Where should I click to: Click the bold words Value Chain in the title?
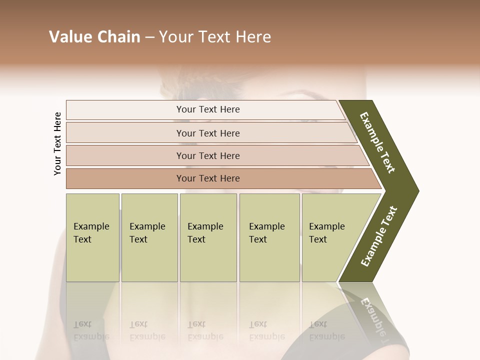tap(94, 37)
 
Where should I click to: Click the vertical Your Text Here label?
tap(57, 143)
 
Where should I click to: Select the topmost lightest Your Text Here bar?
tap(207, 109)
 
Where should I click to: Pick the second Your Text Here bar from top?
tap(207, 133)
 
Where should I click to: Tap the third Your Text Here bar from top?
tap(207, 155)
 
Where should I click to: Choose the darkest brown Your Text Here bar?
tap(207, 178)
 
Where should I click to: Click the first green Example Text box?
tap(92, 237)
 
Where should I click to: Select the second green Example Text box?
tap(149, 237)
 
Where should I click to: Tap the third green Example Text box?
tap(208, 237)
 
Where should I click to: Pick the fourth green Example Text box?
tap(269, 237)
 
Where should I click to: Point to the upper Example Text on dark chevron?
tap(378, 142)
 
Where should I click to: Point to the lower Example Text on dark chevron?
tap(379, 236)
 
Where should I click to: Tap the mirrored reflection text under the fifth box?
tap(326, 330)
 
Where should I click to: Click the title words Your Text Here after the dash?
tap(215, 37)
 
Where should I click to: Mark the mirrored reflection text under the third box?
tap(205, 330)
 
